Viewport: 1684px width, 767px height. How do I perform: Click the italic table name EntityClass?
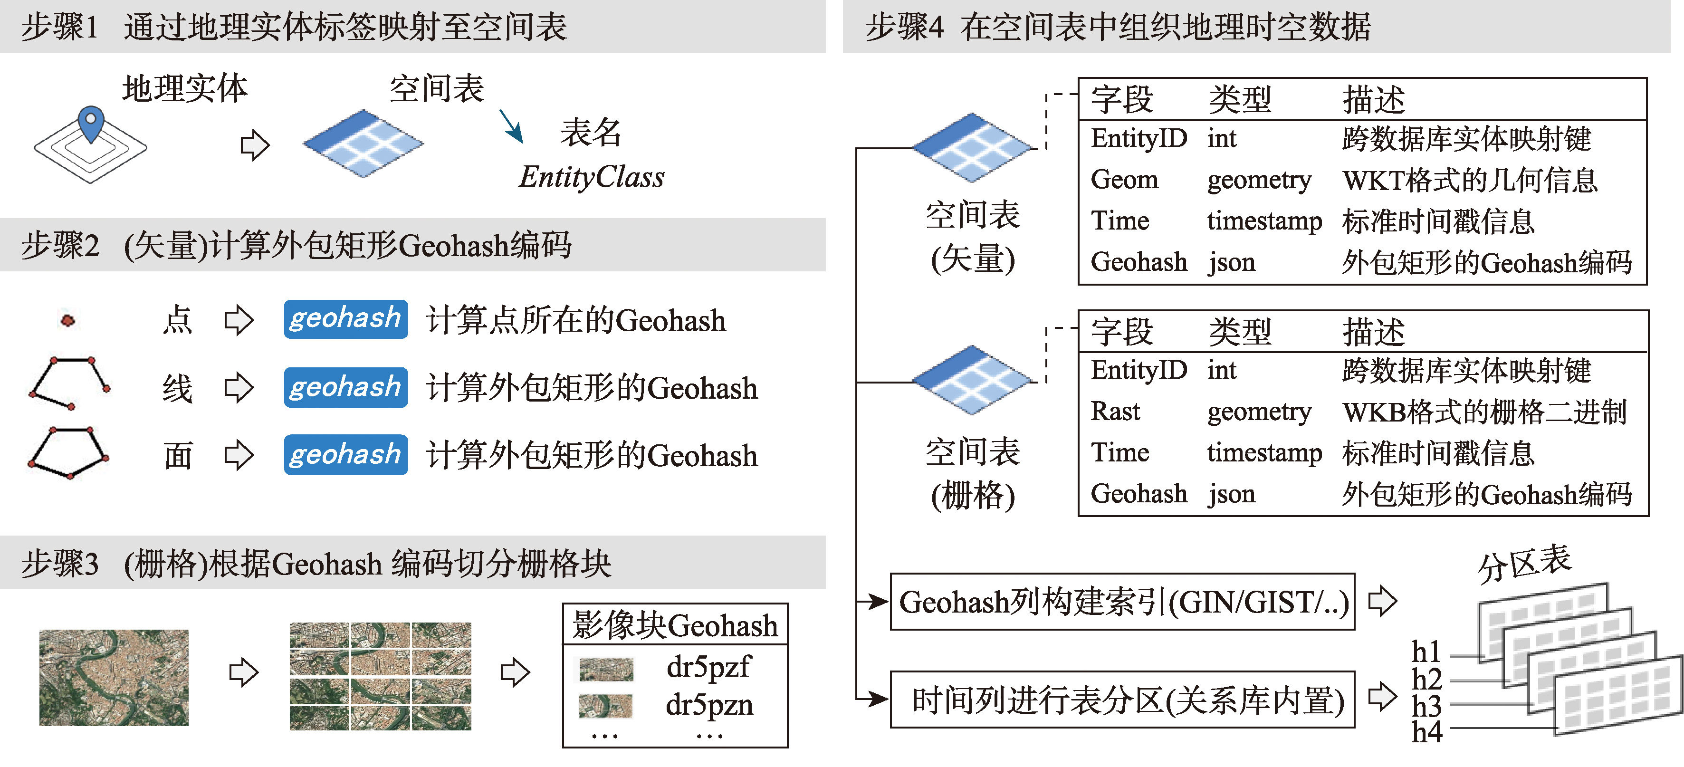(591, 177)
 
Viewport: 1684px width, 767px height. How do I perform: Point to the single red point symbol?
(67, 320)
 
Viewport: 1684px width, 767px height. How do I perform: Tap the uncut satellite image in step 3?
(113, 677)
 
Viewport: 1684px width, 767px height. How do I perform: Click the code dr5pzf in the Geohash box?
(708, 667)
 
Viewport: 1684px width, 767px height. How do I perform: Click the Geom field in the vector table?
(1124, 180)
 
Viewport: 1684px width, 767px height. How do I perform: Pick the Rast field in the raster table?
(1115, 411)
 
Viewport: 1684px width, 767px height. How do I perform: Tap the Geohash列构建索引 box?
(1122, 602)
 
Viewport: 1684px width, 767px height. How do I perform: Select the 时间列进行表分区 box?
(1122, 700)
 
